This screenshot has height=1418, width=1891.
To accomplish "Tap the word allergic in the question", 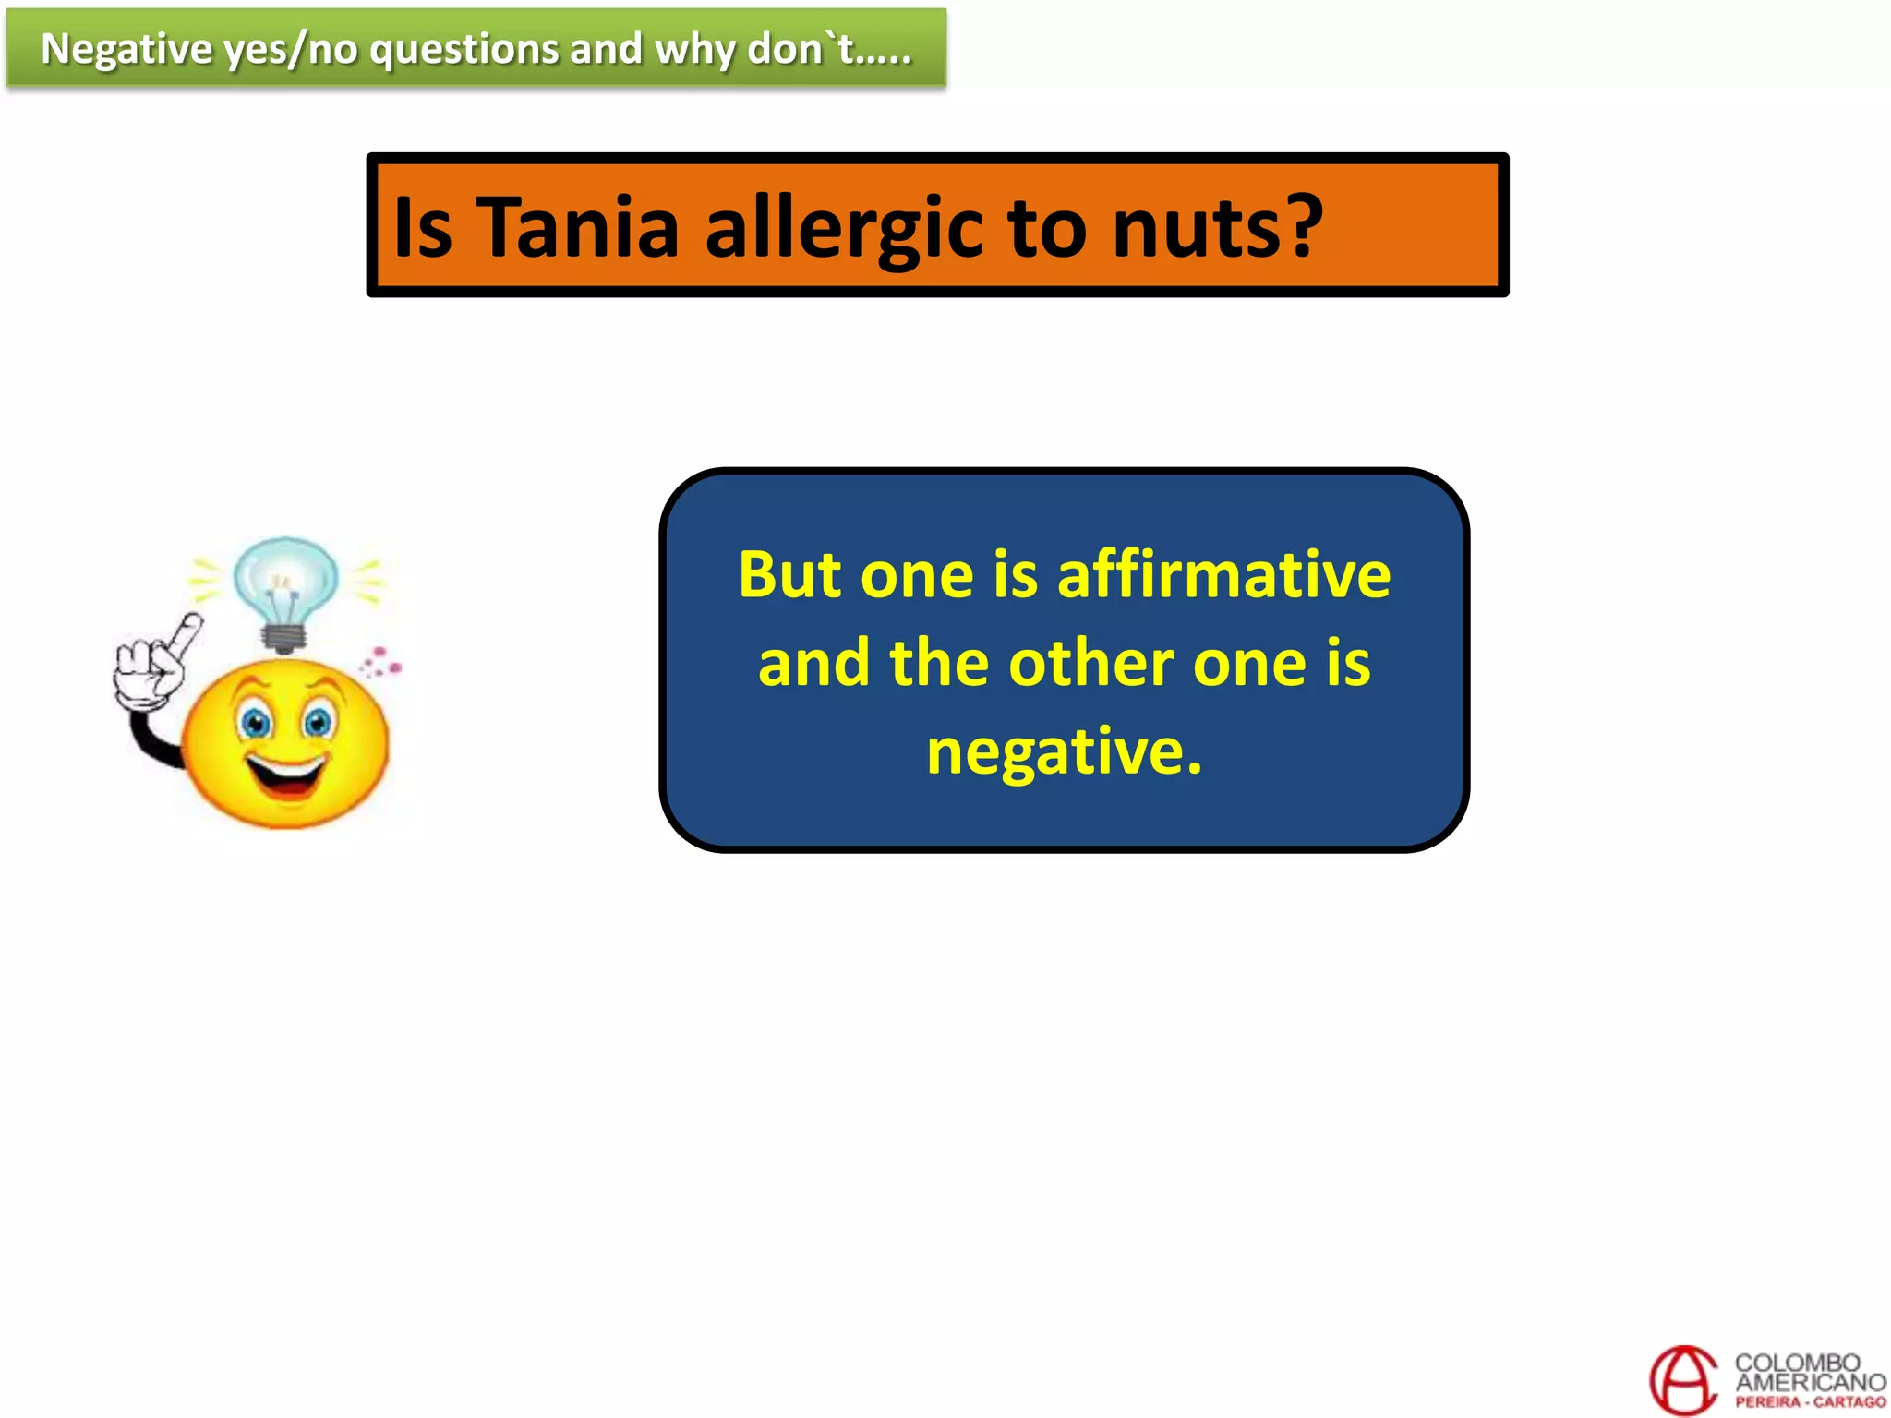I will (x=844, y=229).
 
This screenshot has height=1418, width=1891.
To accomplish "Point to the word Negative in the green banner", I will (x=126, y=49).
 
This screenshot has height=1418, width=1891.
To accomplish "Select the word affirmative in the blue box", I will (x=1223, y=574).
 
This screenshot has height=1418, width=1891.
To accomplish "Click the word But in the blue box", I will (x=789, y=574).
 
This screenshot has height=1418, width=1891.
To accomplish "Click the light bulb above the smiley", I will (x=285, y=586).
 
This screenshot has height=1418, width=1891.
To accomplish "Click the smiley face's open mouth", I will (x=288, y=778).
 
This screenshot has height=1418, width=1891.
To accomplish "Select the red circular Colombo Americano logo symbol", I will (x=1682, y=1379).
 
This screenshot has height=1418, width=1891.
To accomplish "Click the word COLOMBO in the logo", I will (x=1797, y=1363).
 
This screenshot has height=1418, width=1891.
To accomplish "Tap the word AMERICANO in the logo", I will (x=1810, y=1382).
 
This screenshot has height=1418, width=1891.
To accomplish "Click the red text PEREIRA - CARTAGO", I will (x=1810, y=1401).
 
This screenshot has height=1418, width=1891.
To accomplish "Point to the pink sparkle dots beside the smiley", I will (x=380, y=662).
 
